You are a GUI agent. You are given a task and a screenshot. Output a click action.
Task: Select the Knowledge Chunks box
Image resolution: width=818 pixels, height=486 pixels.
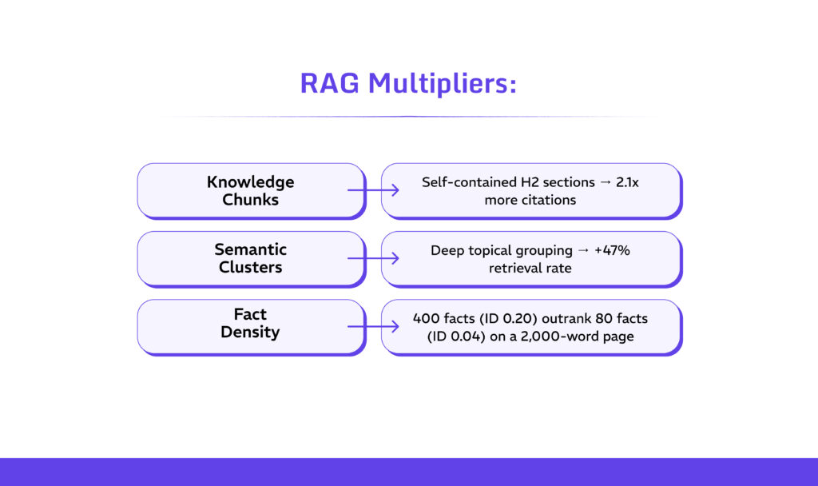point(250,190)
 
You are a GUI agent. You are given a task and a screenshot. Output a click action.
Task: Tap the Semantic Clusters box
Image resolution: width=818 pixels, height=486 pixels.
point(250,258)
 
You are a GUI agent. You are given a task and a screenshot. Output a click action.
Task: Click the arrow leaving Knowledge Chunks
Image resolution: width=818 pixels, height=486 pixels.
point(374,190)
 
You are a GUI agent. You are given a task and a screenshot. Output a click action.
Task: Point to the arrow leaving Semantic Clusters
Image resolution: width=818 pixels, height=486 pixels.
point(374,258)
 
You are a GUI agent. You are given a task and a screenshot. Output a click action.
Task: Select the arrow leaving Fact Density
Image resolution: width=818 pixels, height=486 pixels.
point(374,326)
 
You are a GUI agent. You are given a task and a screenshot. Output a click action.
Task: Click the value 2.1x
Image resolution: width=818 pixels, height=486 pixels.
point(628,182)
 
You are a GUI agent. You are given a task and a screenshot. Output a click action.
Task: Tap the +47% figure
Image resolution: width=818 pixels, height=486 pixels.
point(613,250)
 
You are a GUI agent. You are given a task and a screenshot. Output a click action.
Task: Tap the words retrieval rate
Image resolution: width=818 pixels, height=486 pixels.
point(530,268)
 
